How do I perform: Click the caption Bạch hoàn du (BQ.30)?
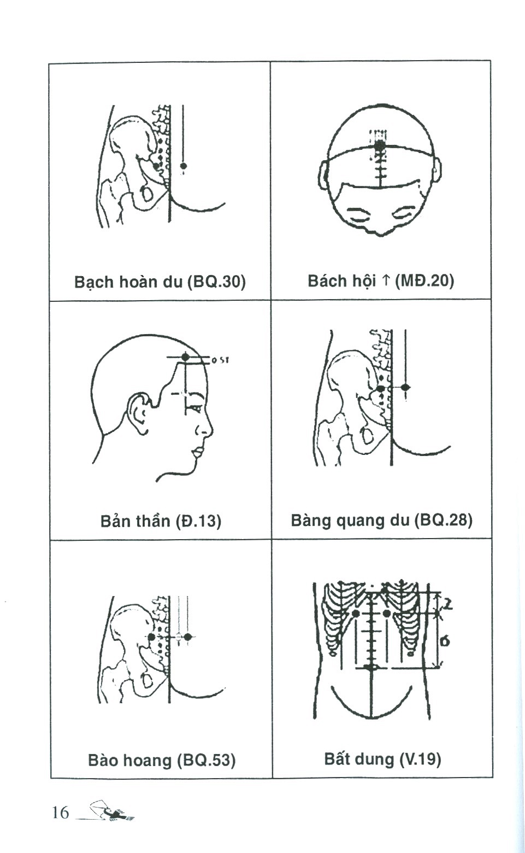click(160, 282)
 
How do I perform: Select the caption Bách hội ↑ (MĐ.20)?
click(381, 281)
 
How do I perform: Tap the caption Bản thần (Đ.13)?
click(161, 521)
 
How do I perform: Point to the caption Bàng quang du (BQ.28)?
click(381, 519)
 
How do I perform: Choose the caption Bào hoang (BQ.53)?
click(162, 760)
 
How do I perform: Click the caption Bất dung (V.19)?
click(382, 759)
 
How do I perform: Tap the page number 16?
click(61, 813)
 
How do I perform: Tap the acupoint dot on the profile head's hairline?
click(186, 357)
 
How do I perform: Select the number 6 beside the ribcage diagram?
click(445, 640)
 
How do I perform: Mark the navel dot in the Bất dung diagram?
click(371, 667)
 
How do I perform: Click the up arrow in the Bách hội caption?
click(385, 281)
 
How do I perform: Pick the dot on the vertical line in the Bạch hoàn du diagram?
click(184, 165)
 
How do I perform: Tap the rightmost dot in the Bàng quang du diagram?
click(405, 387)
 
